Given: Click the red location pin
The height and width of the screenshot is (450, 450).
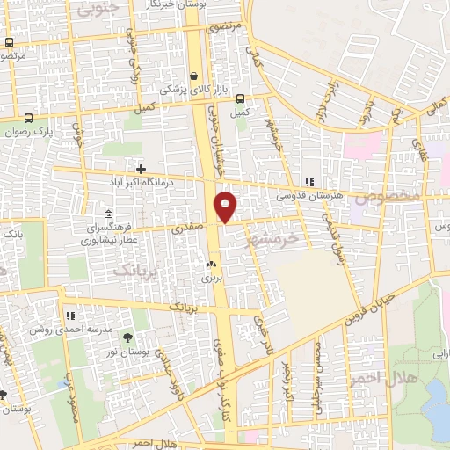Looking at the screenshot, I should (226, 207).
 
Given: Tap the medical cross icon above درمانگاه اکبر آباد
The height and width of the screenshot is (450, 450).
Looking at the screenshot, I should (141, 168).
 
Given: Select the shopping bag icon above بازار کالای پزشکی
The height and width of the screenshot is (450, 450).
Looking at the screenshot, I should (193, 76).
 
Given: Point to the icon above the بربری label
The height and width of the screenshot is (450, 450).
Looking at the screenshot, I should (210, 264).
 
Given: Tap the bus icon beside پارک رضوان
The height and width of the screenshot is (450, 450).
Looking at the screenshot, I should (29, 118).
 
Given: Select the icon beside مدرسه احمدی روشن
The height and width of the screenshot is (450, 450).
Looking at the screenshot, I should (69, 315).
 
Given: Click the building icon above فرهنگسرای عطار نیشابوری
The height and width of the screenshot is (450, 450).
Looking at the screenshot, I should (108, 214).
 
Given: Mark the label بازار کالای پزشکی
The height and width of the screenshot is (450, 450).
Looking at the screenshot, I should (193, 91).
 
